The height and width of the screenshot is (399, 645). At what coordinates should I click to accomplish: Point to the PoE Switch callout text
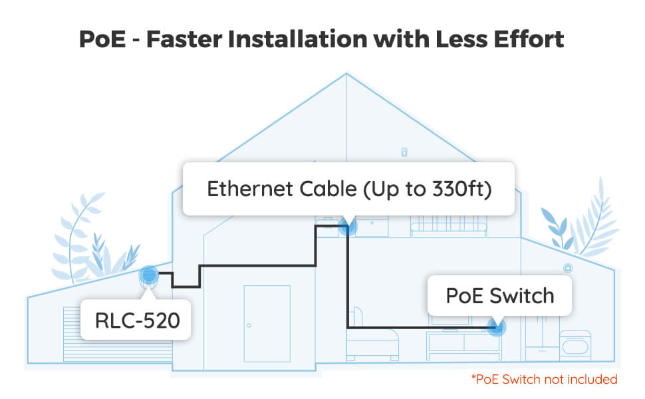pyautogui.click(x=499, y=295)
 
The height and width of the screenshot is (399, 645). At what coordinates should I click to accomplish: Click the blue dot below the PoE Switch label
pyautogui.click(x=495, y=327)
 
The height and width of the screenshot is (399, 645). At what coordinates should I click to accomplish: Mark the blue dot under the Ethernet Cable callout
pyautogui.click(x=348, y=227)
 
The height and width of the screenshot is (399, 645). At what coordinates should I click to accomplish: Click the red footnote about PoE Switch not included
pyautogui.click(x=545, y=380)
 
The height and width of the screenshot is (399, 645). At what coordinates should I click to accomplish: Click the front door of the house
pyautogui.click(x=266, y=325)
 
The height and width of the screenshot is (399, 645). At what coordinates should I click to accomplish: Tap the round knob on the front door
pyautogui.click(x=249, y=325)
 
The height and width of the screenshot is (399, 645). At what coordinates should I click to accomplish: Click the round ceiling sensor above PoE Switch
pyautogui.click(x=568, y=268)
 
